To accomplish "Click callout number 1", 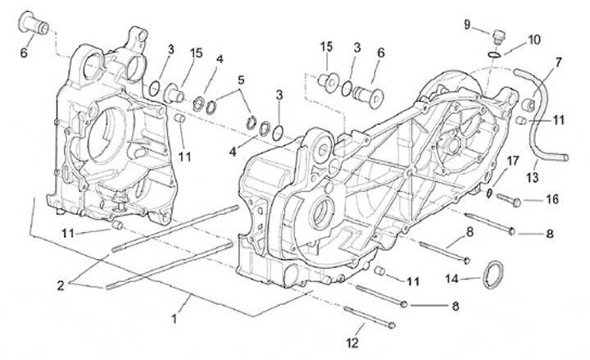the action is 174,319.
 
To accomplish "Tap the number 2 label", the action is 61,285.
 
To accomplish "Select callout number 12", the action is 352,343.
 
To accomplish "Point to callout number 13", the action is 532,177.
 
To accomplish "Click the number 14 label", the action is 452,279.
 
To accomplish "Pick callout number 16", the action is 552,199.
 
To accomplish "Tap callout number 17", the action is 512,162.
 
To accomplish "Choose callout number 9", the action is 467,25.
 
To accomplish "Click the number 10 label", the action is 534,39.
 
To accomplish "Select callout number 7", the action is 558,62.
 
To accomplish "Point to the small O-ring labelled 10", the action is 494,55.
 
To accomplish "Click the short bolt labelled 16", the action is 508,199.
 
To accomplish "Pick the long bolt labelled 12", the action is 370,318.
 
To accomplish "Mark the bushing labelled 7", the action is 529,105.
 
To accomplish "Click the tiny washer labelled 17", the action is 488,194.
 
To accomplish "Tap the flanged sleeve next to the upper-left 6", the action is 34,23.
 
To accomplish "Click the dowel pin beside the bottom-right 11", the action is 379,271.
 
